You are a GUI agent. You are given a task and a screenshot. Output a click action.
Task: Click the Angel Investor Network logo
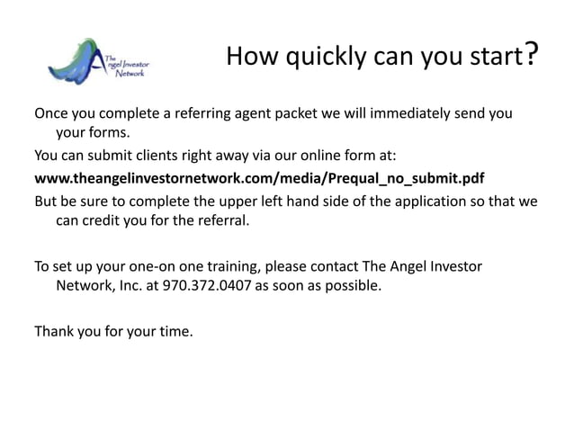pos(99,62)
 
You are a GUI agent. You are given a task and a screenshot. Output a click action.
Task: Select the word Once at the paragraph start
pos(52,116)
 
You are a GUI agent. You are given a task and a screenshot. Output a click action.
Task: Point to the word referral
pos(217,220)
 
